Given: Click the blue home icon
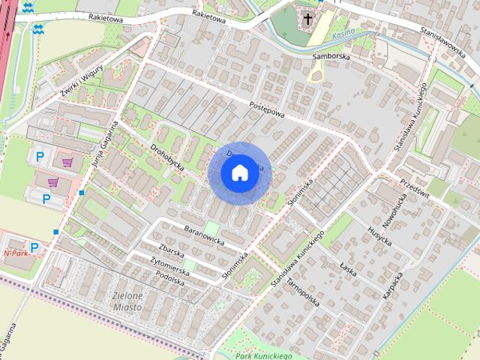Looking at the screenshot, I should pyautogui.click(x=239, y=172).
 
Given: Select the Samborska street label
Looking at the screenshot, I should pyautogui.click(x=331, y=57).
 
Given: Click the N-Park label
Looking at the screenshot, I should pyautogui.click(x=16, y=253).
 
